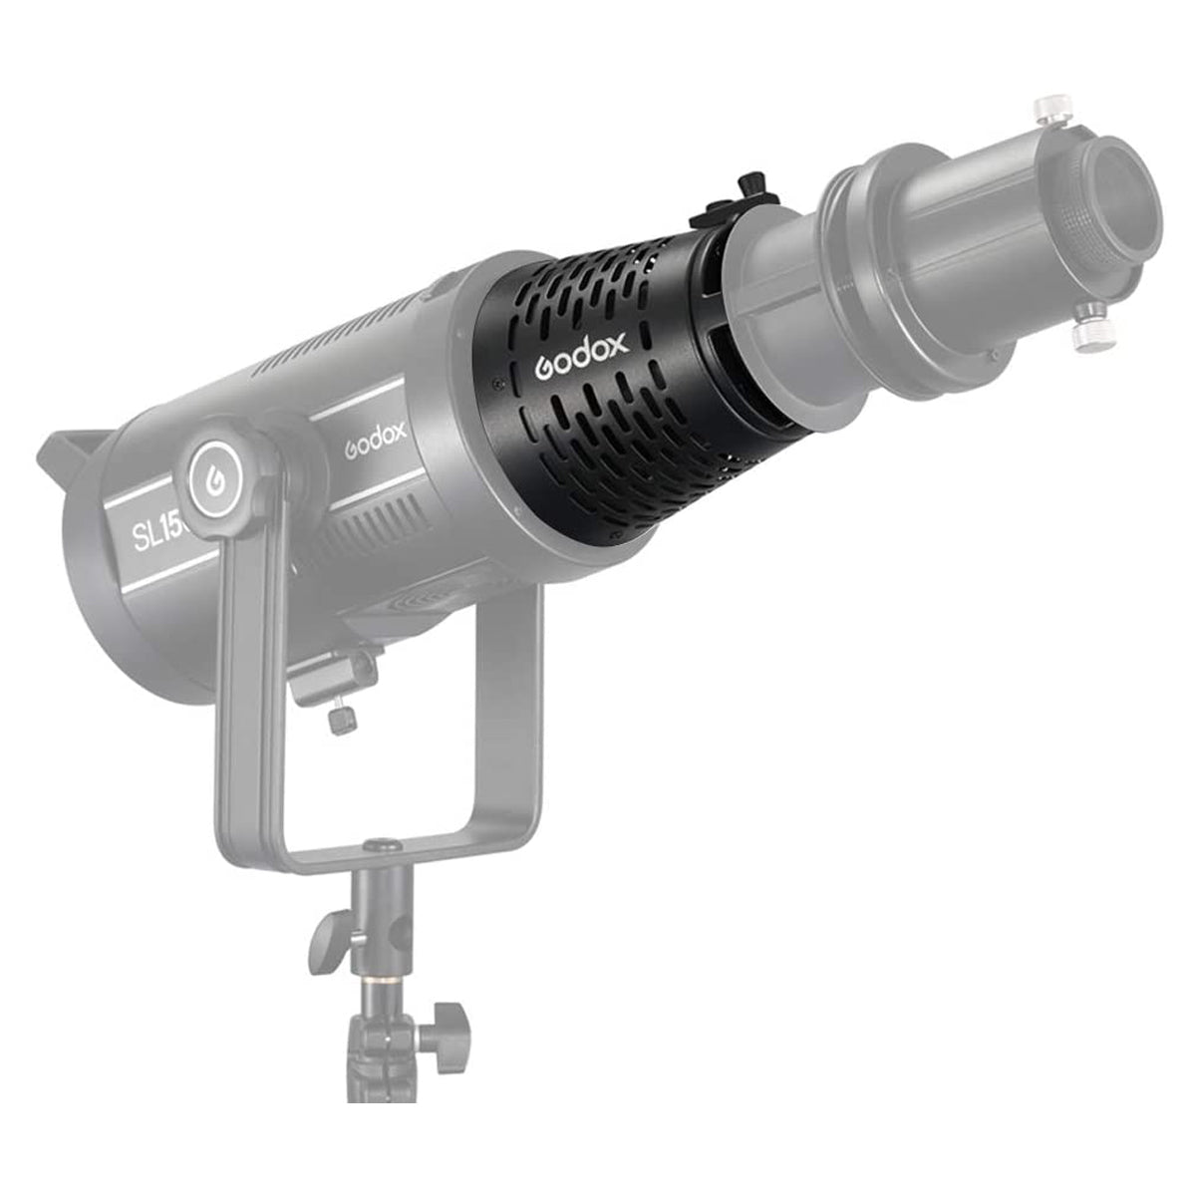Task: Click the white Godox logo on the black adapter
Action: tap(582, 355)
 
